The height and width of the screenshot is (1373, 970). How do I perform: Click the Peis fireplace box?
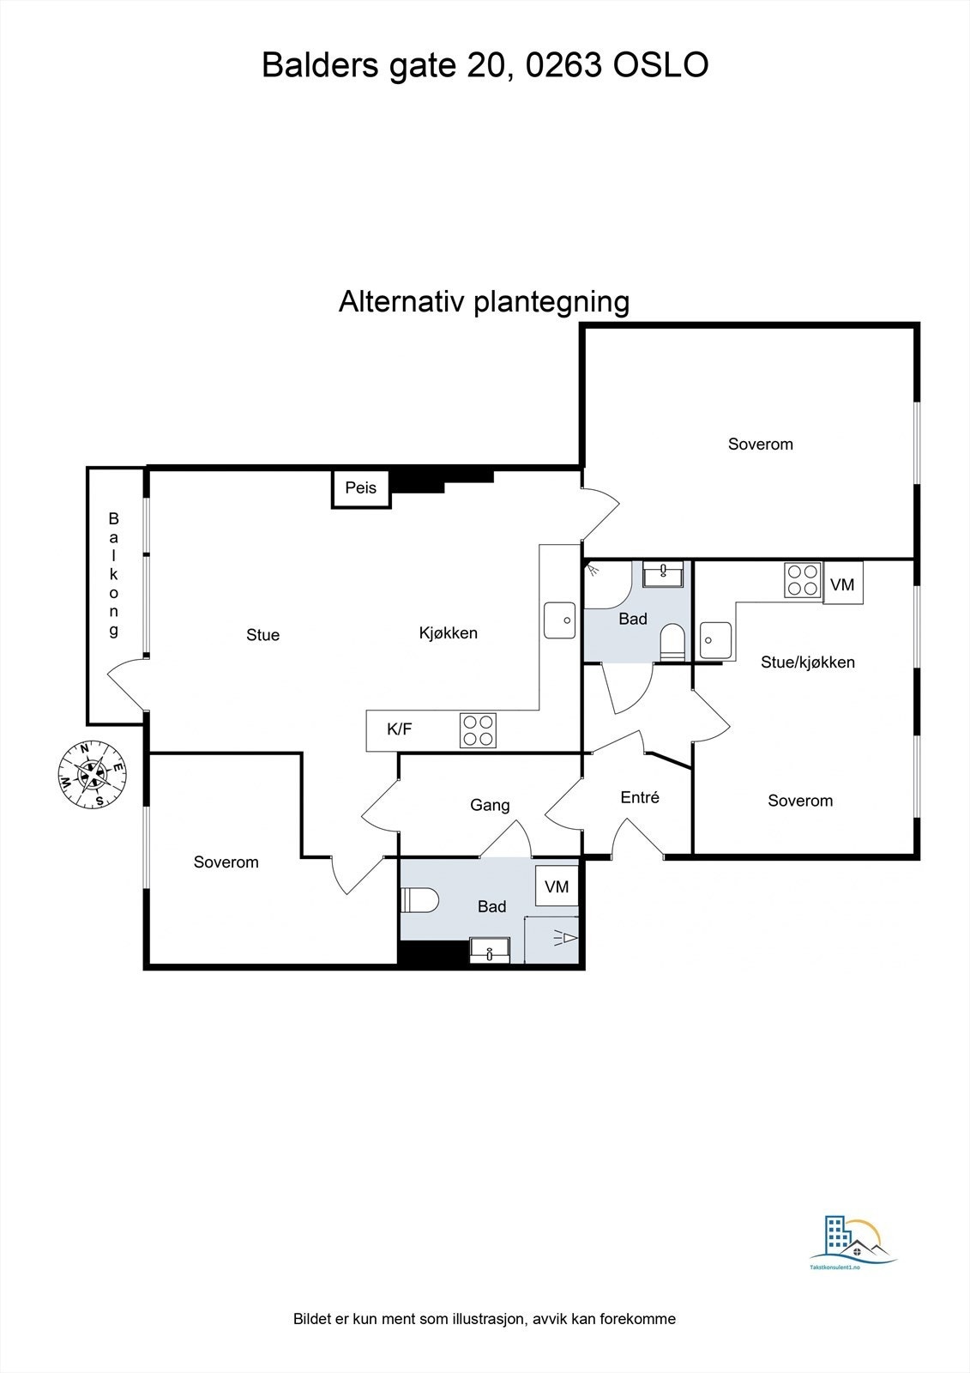361,488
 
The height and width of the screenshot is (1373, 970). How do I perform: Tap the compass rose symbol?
92,773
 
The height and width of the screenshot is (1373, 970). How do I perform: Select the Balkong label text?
113,575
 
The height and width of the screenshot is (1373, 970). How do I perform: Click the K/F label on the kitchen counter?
399,729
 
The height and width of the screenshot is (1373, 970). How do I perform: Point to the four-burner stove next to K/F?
479,730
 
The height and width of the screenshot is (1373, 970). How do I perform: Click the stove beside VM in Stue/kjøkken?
803,579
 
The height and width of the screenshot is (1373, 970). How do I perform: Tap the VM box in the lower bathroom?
557,886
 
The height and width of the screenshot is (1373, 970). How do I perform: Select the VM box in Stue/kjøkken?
842,584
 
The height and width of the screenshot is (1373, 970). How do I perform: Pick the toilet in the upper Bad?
673,642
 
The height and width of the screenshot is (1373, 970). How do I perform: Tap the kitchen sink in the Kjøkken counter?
560,620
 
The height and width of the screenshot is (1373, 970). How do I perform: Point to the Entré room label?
640,797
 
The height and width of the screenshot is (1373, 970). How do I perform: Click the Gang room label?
490,805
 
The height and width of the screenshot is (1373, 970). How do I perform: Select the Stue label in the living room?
262,635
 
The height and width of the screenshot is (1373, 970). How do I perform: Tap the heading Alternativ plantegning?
484,301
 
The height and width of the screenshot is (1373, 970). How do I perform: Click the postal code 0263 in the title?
563,65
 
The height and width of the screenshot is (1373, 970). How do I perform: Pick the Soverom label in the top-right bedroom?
760,444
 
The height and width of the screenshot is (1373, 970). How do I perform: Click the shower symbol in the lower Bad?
565,939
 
